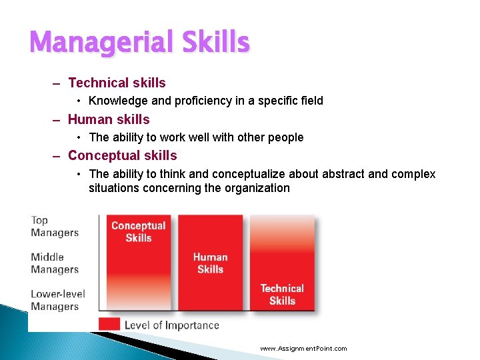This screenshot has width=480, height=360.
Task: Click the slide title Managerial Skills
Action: coord(139,43)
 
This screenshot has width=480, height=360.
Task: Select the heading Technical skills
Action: coord(117,83)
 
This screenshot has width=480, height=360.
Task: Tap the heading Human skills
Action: coord(109,119)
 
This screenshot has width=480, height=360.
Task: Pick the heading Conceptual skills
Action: coord(122,155)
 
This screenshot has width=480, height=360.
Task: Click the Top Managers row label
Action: coord(54,227)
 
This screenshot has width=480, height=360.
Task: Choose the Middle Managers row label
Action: coord(54,263)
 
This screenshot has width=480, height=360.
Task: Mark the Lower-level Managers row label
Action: coord(57,300)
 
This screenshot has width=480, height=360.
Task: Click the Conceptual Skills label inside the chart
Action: coord(138,231)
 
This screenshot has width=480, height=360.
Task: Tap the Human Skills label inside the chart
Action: coord(210,263)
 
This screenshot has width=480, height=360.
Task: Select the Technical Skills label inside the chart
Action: coord(281,294)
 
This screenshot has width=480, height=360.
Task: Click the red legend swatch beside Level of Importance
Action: coord(109,325)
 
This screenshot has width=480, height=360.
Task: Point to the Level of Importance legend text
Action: coord(171,325)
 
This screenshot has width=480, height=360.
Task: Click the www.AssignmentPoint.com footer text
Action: coord(303,349)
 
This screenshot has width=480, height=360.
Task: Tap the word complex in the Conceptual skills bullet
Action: coord(414,174)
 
